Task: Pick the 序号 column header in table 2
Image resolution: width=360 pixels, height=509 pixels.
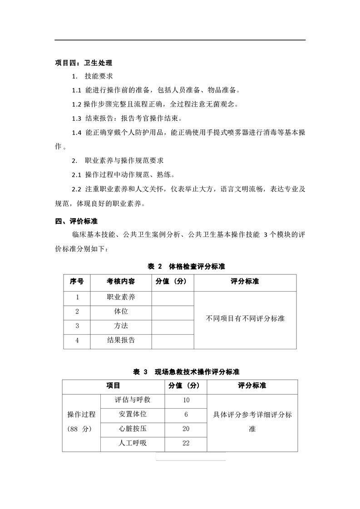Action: click(77, 282)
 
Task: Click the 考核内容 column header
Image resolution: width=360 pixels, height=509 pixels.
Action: click(121, 282)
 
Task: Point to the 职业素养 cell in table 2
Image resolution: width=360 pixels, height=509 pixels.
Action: click(121, 297)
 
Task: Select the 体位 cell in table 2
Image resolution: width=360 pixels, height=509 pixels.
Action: click(121, 312)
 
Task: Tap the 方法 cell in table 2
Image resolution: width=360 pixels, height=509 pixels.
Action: click(121, 326)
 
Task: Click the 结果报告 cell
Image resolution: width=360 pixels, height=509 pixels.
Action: click(121, 340)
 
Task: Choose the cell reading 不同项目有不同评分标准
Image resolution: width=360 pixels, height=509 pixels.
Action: click(245, 318)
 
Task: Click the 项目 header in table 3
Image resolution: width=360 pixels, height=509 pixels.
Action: click(113, 386)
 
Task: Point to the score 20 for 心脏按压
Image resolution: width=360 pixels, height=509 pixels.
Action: click(186, 429)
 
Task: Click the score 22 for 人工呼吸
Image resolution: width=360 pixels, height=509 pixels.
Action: click(186, 443)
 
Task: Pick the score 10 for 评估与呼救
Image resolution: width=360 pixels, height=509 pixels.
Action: click(186, 400)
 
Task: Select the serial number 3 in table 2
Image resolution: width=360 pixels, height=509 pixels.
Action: click(77, 326)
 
